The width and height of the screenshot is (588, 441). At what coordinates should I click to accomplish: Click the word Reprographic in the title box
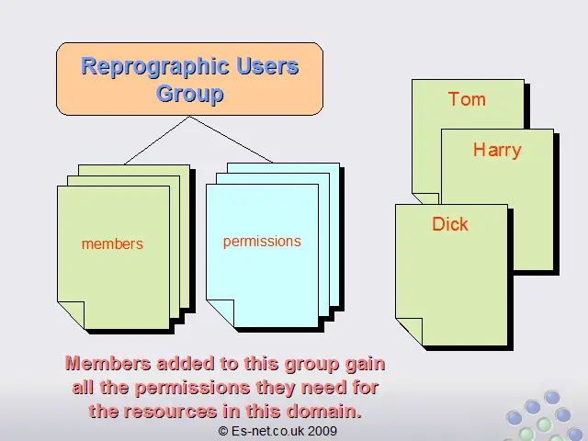(x=155, y=67)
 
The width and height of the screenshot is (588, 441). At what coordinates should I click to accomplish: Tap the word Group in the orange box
(x=190, y=94)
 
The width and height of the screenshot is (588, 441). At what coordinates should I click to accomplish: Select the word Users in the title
(x=267, y=65)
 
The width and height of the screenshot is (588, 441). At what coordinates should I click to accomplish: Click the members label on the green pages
(x=112, y=244)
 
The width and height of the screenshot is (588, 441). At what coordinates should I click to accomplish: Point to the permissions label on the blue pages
(x=262, y=242)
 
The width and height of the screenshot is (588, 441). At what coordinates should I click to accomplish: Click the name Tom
(x=467, y=99)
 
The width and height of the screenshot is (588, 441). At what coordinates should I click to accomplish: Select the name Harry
(x=497, y=150)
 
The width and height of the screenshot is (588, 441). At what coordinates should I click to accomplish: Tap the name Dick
(x=450, y=224)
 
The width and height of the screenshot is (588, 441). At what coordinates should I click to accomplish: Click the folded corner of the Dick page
(x=409, y=332)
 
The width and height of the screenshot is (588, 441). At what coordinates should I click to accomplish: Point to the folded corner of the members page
(x=71, y=315)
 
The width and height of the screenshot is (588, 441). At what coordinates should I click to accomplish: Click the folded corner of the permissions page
(x=220, y=313)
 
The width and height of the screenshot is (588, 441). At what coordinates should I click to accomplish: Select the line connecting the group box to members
(x=157, y=141)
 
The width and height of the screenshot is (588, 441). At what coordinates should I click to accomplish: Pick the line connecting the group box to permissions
(x=232, y=139)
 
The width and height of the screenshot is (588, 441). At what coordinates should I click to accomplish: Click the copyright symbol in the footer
(x=223, y=431)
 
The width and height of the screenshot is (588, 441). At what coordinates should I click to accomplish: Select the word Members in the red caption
(x=108, y=364)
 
